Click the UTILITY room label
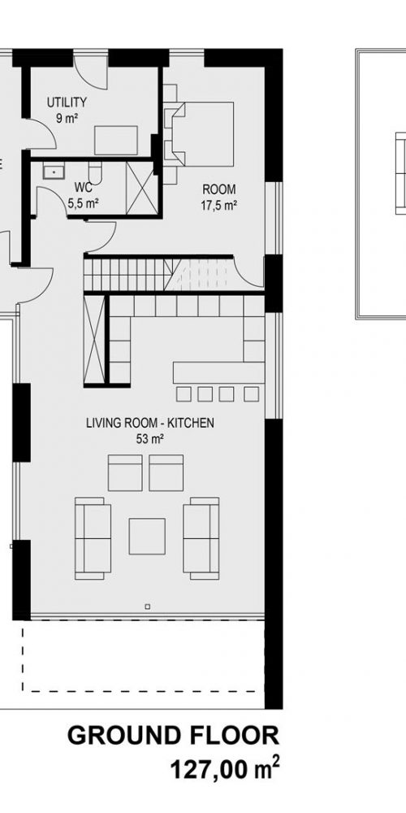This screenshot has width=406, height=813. click(67, 102)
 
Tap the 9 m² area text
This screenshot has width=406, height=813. click(67, 118)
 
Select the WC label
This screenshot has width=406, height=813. click(84, 187)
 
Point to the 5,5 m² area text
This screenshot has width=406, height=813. click(84, 203)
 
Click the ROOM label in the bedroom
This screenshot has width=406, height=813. click(219, 189)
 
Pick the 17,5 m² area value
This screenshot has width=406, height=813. click(219, 206)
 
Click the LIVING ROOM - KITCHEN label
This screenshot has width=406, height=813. click(150, 423)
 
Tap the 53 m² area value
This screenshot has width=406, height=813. click(150, 439)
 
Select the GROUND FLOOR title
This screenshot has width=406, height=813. click(173, 737)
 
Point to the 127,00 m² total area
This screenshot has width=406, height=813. click(225, 770)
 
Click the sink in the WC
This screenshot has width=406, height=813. click(53, 171)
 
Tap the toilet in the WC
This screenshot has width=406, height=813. click(96, 171)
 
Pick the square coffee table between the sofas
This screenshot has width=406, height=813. click(147, 536)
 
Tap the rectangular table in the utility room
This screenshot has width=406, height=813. click(116, 140)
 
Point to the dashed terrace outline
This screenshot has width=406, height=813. click(143, 691)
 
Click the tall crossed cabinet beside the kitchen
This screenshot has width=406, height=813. click(94, 340)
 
